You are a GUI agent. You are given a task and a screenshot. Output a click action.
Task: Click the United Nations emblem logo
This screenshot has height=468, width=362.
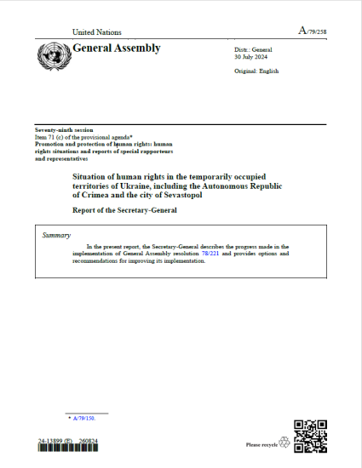[54, 56]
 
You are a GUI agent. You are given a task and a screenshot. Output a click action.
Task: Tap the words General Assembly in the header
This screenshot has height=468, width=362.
[117, 49]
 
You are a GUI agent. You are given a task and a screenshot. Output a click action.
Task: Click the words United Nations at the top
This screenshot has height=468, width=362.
[98, 31]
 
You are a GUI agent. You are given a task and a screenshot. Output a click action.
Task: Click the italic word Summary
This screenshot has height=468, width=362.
[57, 234]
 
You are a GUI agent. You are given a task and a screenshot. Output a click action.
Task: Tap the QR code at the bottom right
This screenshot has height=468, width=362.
[309, 436]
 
